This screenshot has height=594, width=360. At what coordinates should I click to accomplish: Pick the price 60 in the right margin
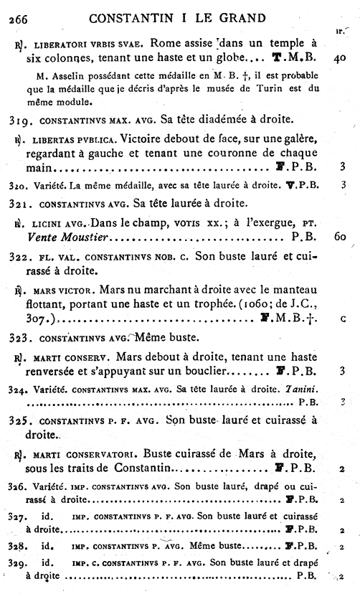tap(340, 235)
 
